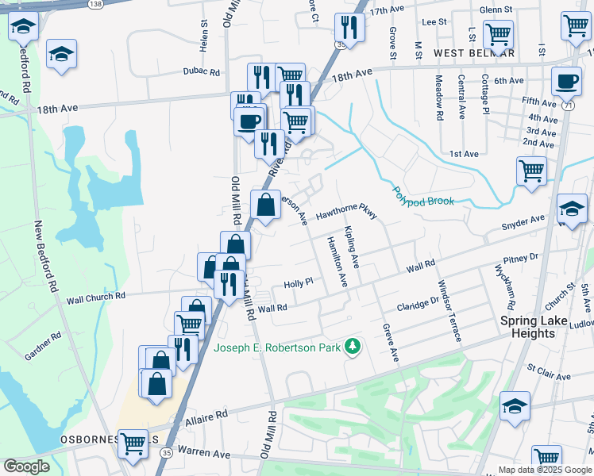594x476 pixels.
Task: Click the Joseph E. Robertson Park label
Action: pyautogui.click(x=277, y=347)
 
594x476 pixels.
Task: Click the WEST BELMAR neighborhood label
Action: pyautogui.click(x=474, y=53)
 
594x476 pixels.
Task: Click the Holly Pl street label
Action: pyautogui.click(x=299, y=282)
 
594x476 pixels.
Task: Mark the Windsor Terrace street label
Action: pyautogui.click(x=449, y=310)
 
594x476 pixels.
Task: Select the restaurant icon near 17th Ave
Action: pyautogui.click(x=349, y=28)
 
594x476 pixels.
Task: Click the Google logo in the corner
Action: pyautogui.click(x=27, y=466)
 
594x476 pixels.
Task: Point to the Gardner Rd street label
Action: pyautogui.click(x=43, y=347)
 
